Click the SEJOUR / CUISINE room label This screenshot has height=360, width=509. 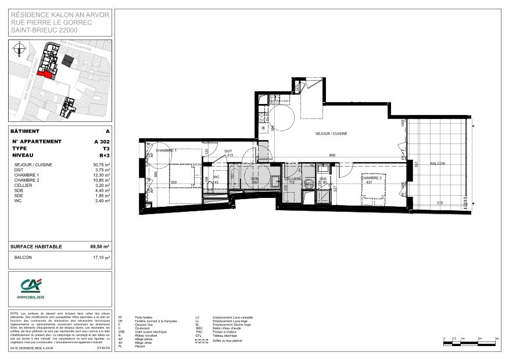[331, 134]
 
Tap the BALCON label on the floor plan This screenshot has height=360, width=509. [438, 164]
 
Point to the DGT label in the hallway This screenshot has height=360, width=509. [228, 150]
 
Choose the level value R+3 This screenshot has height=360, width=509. [104, 156]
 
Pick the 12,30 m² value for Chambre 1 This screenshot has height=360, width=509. [102, 175]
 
